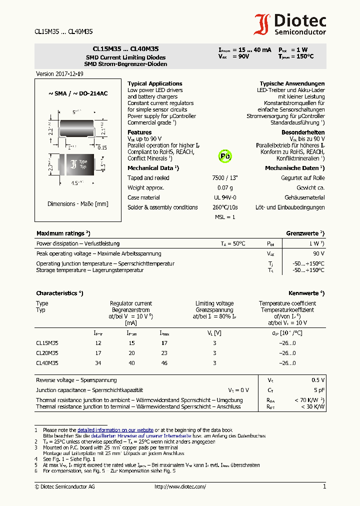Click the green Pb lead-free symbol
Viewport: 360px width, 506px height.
coord(225,156)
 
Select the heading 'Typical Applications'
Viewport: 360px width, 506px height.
coord(154,83)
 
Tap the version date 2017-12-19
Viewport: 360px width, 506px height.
coord(59,73)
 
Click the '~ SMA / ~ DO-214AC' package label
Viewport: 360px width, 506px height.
coord(77,93)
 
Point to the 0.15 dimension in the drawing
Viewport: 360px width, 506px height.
coord(102,147)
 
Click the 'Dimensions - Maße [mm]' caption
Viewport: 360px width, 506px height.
coord(77,204)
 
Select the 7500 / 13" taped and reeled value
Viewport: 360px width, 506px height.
coord(225,178)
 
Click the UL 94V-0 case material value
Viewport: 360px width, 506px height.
coord(225,197)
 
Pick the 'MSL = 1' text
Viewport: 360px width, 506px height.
coord(225,217)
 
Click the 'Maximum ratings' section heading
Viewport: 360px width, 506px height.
coord(62,233)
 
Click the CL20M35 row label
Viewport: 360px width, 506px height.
coord(47,353)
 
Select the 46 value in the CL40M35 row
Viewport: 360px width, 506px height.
coord(164,363)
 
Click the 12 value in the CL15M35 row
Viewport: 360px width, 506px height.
coord(98,343)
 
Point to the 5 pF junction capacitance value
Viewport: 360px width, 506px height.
coord(319,390)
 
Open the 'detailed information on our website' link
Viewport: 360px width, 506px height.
coord(115,430)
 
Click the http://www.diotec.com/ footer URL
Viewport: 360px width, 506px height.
coord(180,486)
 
